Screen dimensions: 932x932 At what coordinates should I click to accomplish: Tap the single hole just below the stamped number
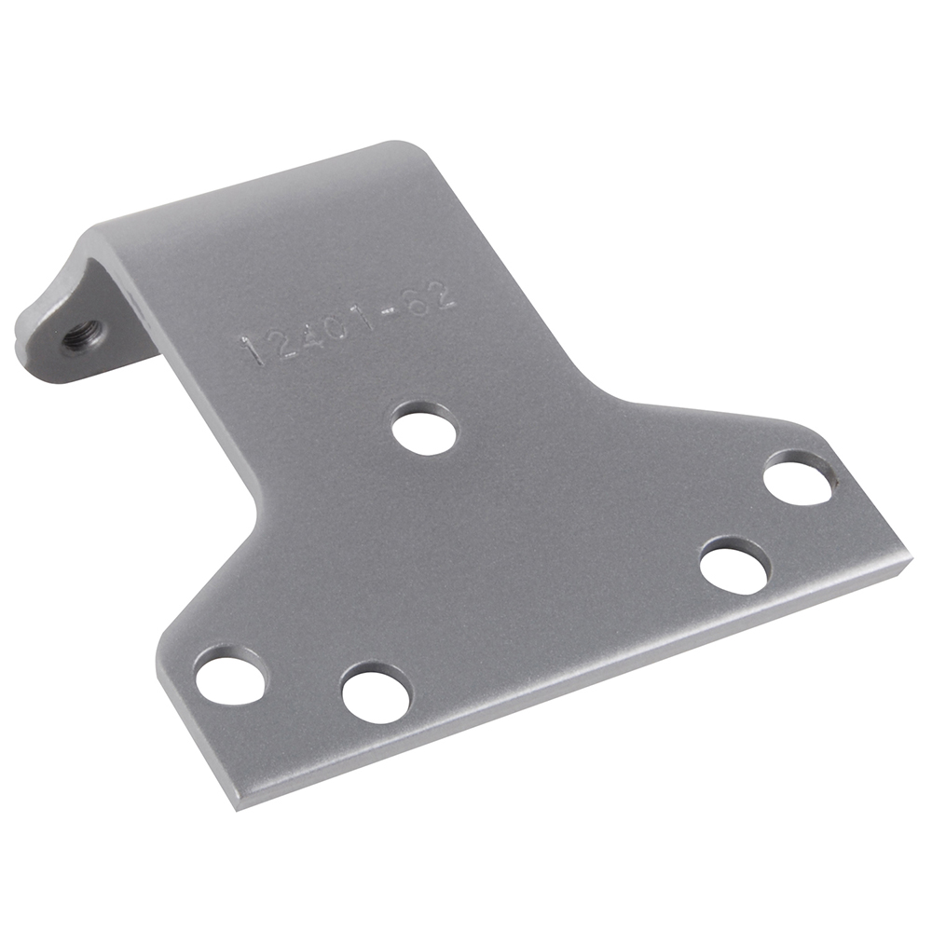click(x=425, y=429)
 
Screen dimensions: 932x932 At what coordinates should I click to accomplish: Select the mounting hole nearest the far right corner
click(x=798, y=478)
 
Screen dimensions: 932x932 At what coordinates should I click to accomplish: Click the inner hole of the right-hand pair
click(x=735, y=564)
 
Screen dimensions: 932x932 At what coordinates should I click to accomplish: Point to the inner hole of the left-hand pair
click(x=377, y=692)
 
